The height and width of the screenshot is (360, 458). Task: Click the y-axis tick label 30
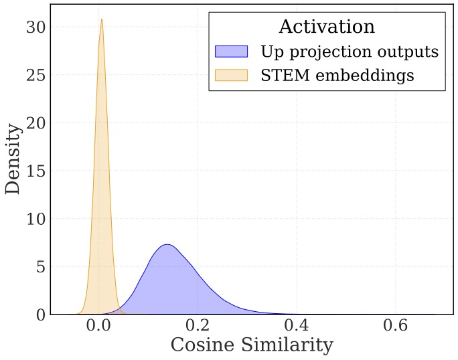pos(35,27)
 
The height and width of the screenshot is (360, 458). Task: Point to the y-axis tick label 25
pos(35,75)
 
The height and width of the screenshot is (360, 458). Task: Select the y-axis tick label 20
pos(35,123)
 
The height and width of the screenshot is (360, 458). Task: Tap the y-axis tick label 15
pos(35,171)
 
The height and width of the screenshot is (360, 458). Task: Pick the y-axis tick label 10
pos(35,219)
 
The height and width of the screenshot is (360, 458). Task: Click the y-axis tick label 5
pos(40,267)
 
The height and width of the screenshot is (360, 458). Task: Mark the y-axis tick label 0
pos(40,314)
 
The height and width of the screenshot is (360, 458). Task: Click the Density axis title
pos(13,159)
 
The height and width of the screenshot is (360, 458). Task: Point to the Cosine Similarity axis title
pos(251,345)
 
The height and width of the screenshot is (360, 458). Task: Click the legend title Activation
pos(326,27)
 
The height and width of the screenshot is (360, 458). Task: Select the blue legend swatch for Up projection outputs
pos(231,52)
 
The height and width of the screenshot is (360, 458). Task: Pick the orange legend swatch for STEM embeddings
pos(231,75)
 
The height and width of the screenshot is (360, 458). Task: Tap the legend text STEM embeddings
pos(337,76)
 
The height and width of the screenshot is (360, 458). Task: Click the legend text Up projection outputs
pos(349,52)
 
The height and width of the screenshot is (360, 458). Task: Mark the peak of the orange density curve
pos(101,19)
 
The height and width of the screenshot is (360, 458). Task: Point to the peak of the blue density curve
pos(168,244)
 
